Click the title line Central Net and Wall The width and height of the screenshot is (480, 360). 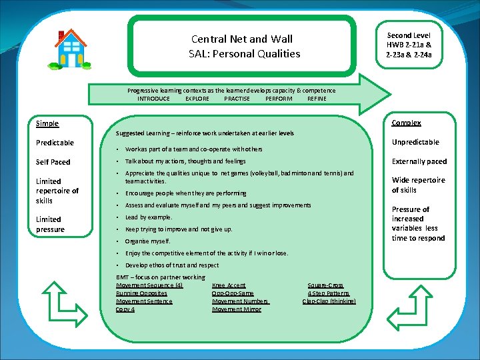(x=241, y=39)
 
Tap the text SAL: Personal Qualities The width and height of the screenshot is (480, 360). (x=244, y=53)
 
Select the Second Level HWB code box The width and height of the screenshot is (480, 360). (x=409, y=44)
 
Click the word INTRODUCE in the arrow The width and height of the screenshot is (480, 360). (x=153, y=99)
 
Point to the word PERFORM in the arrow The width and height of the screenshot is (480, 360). (x=279, y=99)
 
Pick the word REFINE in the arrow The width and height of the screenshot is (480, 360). (x=317, y=99)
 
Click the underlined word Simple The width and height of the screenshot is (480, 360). (x=47, y=123)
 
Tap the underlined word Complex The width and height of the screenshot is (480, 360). (x=406, y=123)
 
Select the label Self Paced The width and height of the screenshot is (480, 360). (x=53, y=162)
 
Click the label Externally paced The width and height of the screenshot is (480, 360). (x=419, y=161)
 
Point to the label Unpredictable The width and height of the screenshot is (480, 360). (x=415, y=142)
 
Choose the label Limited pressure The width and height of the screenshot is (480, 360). (x=50, y=224)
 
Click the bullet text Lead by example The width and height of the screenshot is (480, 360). (x=149, y=217)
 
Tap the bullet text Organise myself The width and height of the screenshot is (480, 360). (x=147, y=241)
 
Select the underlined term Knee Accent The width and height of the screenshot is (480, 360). (x=229, y=285)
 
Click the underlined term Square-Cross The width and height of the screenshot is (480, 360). (x=325, y=285)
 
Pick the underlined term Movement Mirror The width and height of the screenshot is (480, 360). (x=237, y=309)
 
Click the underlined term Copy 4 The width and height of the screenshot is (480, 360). (x=125, y=309)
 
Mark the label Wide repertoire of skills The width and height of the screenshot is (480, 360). (x=418, y=185)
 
